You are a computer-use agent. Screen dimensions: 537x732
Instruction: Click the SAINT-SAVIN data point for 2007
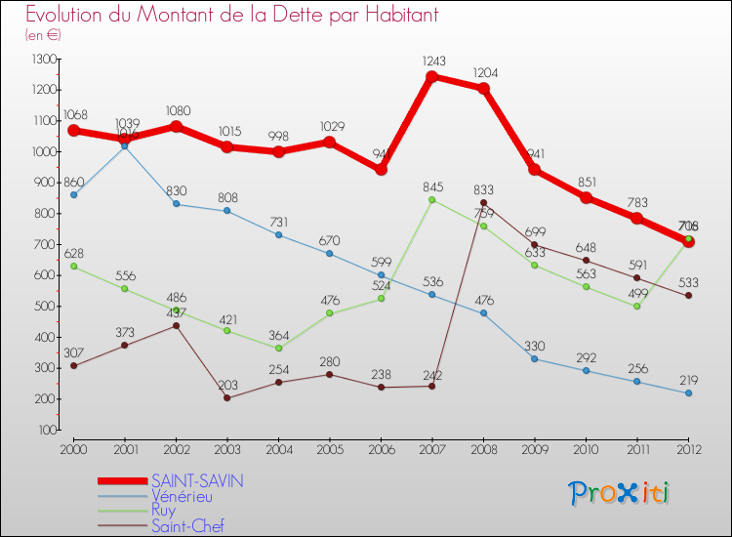pyautogui.click(x=432, y=76)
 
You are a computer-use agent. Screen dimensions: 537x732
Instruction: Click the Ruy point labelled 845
pyautogui.click(x=432, y=199)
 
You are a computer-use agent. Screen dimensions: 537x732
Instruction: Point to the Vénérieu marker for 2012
pyautogui.click(x=689, y=392)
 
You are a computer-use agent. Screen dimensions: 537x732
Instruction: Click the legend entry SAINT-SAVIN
pyautogui.click(x=197, y=480)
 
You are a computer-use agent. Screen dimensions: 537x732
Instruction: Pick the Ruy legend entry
pyautogui.click(x=165, y=511)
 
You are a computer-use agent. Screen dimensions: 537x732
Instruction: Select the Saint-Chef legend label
pyautogui.click(x=186, y=526)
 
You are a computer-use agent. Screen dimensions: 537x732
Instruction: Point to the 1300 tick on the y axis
pyautogui.click(x=43, y=60)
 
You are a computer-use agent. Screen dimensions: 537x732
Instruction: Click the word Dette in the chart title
pyautogui.click(x=264, y=15)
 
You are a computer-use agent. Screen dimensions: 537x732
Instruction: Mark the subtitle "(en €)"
pyautogui.click(x=44, y=35)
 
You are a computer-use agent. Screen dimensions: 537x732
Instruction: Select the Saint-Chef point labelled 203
pyautogui.click(x=227, y=397)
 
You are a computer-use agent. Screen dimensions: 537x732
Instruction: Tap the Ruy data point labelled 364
pyautogui.click(x=279, y=348)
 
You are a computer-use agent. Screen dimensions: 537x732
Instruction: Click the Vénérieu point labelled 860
pyautogui.click(x=73, y=194)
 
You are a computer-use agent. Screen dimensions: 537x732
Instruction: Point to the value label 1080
pyautogui.click(x=176, y=110)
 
